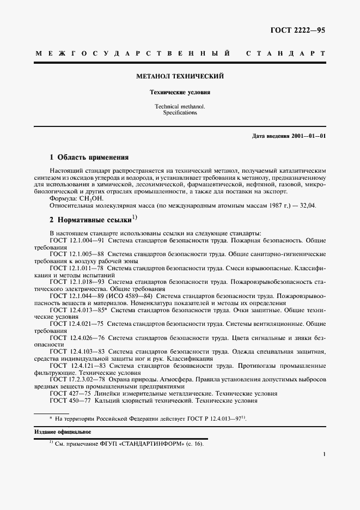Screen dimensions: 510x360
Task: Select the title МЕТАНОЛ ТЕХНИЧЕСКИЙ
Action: click(180, 76)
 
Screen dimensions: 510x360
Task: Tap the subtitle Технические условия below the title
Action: click(180, 93)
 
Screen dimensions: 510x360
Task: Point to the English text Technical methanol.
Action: click(180, 107)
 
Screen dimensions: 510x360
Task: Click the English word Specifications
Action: click(180, 113)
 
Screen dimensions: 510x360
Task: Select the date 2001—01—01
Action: click(307, 135)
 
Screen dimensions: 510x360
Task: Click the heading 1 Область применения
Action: click(89, 157)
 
